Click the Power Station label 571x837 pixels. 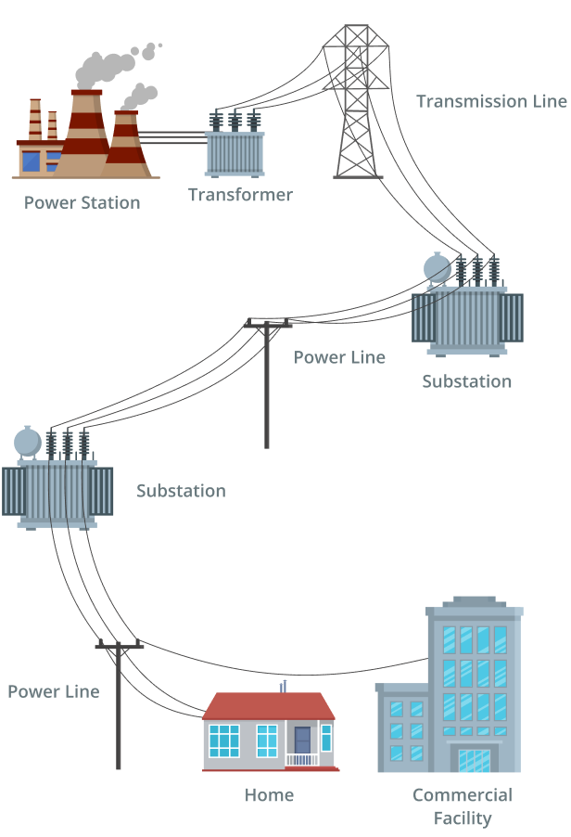(x=82, y=202)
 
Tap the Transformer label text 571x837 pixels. (x=240, y=195)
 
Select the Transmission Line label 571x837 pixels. (x=490, y=101)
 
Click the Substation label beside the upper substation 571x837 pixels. (x=466, y=381)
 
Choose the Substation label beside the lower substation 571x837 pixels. (x=181, y=491)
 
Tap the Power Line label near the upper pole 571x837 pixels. (x=339, y=357)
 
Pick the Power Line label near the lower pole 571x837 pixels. (x=53, y=691)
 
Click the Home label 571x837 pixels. (x=269, y=795)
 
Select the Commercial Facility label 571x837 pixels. (x=463, y=806)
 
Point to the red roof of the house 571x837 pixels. (x=268, y=706)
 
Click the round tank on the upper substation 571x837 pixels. (x=437, y=268)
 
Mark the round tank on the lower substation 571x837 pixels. (x=28, y=442)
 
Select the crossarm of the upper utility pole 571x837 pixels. (x=267, y=324)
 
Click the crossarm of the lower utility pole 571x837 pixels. (x=120, y=646)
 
